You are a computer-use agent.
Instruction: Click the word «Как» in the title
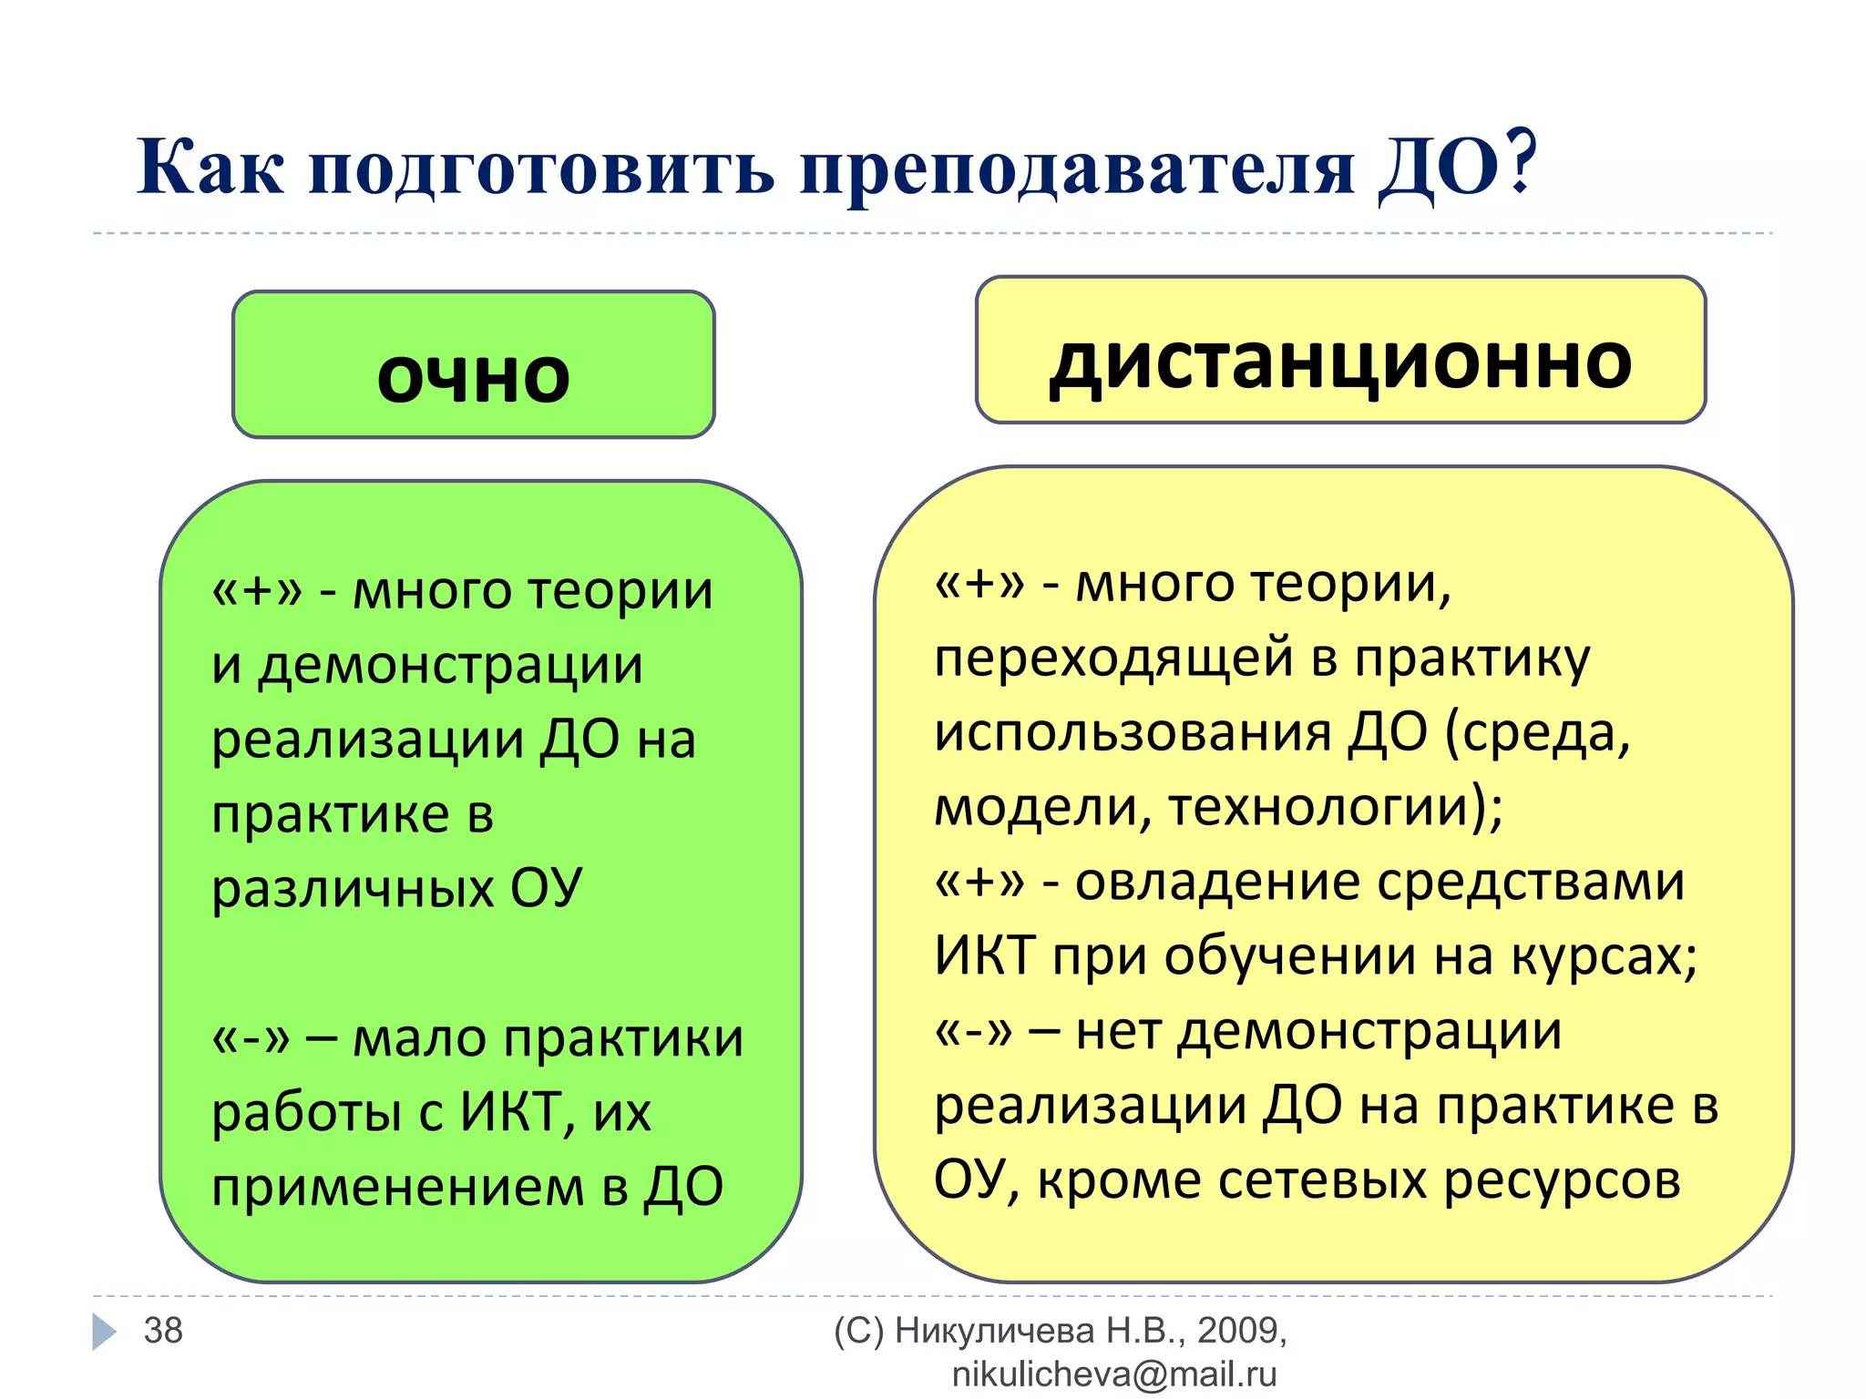[210, 168]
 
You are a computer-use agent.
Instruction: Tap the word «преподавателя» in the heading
[1077, 170]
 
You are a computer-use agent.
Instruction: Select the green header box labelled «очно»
[473, 365]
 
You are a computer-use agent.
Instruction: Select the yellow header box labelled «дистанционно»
[1340, 351]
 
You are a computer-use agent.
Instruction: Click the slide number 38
[163, 1331]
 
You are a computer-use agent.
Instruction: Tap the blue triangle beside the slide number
[104, 1332]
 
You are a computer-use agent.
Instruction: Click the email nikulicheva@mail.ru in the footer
[1114, 1374]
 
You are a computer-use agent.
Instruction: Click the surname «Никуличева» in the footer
[994, 1331]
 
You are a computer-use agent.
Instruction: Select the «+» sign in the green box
[257, 591]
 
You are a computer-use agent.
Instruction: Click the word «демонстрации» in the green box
[450, 665]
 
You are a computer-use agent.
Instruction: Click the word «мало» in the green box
[419, 1037]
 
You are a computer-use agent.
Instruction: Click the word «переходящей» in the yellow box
[1113, 658]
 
